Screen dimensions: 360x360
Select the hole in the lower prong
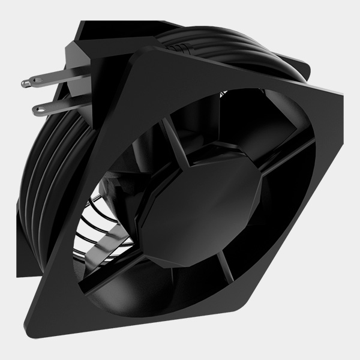point(41,109)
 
